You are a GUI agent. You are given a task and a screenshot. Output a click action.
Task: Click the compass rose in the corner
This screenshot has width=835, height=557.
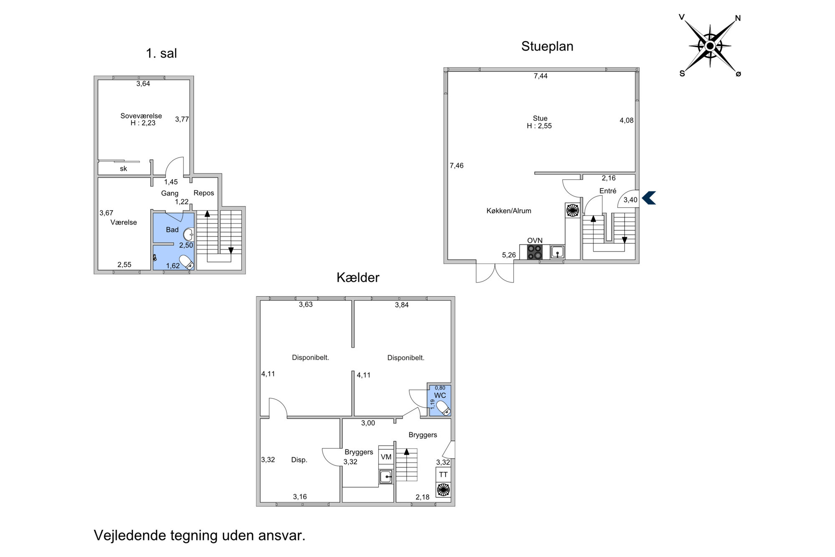pos(710,46)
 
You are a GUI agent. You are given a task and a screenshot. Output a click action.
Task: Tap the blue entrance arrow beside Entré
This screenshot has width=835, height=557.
pos(649,198)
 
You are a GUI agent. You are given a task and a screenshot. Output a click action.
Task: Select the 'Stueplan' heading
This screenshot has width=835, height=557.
pos(547,46)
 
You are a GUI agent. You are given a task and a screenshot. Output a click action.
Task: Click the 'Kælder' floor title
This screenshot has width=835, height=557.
pos(358,277)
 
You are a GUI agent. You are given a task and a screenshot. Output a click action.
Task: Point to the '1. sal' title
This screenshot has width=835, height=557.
pos(161,53)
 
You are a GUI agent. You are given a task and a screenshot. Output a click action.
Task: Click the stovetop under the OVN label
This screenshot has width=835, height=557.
pos(535,252)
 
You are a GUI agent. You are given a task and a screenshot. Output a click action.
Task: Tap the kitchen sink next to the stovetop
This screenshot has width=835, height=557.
pos(557,252)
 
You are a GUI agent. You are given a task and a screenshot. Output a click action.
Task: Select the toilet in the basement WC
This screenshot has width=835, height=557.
pos(443,408)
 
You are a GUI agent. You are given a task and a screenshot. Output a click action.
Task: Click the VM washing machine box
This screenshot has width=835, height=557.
pos(386,457)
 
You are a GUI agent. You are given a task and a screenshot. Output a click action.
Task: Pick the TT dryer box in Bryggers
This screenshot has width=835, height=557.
pos(443,474)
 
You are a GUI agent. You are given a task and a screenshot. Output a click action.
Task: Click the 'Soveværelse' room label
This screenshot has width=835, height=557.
pos(141,116)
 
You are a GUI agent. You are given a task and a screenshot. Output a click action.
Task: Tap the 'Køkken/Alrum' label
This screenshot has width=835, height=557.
pos(509,211)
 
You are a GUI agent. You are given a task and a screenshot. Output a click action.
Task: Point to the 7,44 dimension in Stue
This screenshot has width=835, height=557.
pos(541,76)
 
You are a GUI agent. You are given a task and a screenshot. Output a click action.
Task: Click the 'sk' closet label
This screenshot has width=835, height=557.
pos(123,169)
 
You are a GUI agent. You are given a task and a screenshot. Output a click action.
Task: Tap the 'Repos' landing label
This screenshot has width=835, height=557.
pos(204,193)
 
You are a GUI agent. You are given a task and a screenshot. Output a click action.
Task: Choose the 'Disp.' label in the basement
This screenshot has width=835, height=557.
pos(299,460)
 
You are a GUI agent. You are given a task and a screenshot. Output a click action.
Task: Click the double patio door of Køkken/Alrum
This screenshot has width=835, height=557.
pos(495,273)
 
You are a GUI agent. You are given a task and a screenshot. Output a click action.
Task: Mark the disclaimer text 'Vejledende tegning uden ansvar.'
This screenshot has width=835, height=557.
pos(200,535)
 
